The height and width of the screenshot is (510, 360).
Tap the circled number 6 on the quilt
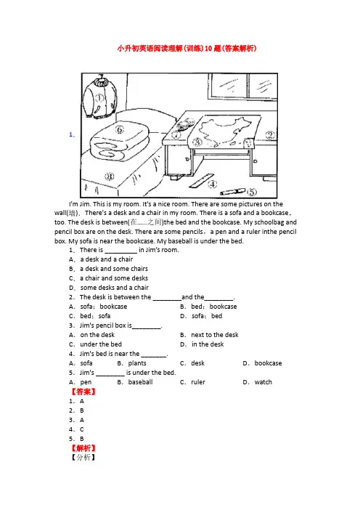pyautogui.click(x=120, y=130)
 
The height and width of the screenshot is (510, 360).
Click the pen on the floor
pyautogui.click(x=233, y=192)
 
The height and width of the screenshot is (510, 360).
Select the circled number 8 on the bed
pyautogui.click(x=109, y=177)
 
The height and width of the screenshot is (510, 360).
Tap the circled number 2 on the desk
pyautogui.click(x=270, y=135)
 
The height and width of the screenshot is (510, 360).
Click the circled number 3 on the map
pyautogui.click(x=197, y=142)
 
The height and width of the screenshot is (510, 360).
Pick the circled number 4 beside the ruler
pyautogui.click(x=213, y=185)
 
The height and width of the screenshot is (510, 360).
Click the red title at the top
pyautogui.click(x=187, y=49)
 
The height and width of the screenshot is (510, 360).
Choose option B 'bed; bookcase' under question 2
pyautogui.click(x=208, y=307)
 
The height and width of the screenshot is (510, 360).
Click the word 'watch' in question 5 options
pyautogui.click(x=263, y=382)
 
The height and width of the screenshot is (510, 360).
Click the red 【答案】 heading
pyautogui.click(x=83, y=392)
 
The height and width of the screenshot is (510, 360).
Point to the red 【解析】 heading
pyautogui.click(x=83, y=448)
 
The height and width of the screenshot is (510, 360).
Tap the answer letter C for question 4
pyautogui.click(x=82, y=429)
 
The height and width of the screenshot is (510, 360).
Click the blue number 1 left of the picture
pyautogui.click(x=72, y=134)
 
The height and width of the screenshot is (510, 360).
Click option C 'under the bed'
pyautogui.click(x=96, y=344)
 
